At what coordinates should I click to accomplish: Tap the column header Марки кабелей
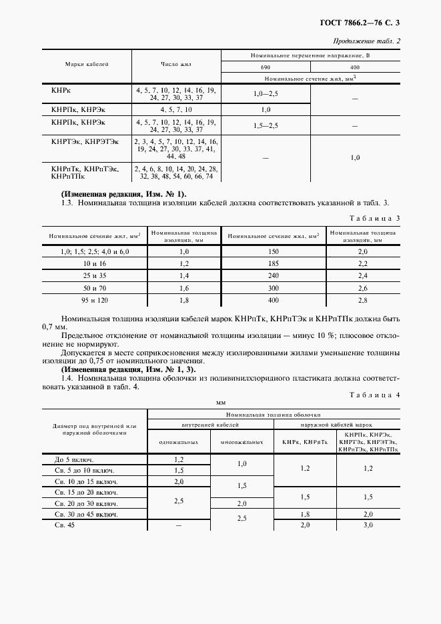tap(87, 64)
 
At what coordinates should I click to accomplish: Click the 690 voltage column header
tap(266, 69)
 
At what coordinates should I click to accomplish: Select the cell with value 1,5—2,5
tap(266, 125)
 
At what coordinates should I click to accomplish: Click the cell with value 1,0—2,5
tap(266, 93)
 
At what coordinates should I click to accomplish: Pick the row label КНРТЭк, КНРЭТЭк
tap(85, 141)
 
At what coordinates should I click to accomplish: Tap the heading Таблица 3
tap(374, 219)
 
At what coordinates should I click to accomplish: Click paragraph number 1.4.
tap(67, 379)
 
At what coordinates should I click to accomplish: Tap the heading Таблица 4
tap(374, 395)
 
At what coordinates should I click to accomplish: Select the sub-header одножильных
tap(178, 441)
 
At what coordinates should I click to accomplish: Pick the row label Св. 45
tap(65, 526)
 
